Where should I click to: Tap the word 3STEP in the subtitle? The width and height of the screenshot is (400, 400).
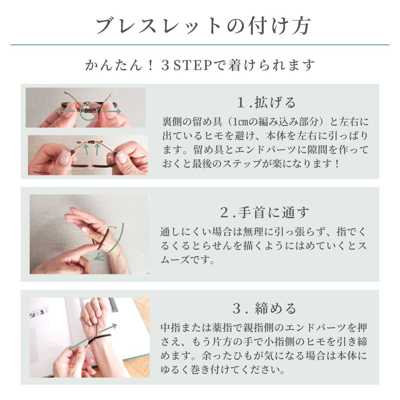tap(187, 65)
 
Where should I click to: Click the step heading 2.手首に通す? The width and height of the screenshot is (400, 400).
tap(265, 212)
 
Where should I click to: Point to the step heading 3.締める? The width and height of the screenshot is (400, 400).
tap(265, 308)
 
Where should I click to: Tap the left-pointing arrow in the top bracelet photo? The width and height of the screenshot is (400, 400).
tap(65, 111)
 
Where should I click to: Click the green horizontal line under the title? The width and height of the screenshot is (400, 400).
tap(200, 45)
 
